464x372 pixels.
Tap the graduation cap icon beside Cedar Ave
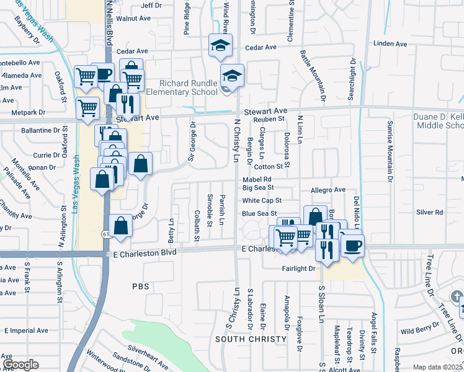(219, 46)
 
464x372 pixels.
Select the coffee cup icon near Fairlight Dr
(352, 244)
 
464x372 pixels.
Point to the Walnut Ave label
(133, 19)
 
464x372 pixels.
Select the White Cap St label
(262, 200)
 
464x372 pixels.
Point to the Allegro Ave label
(328, 189)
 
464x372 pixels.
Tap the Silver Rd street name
(429, 212)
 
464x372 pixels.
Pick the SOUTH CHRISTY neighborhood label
(251, 339)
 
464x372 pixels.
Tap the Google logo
(20, 365)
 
